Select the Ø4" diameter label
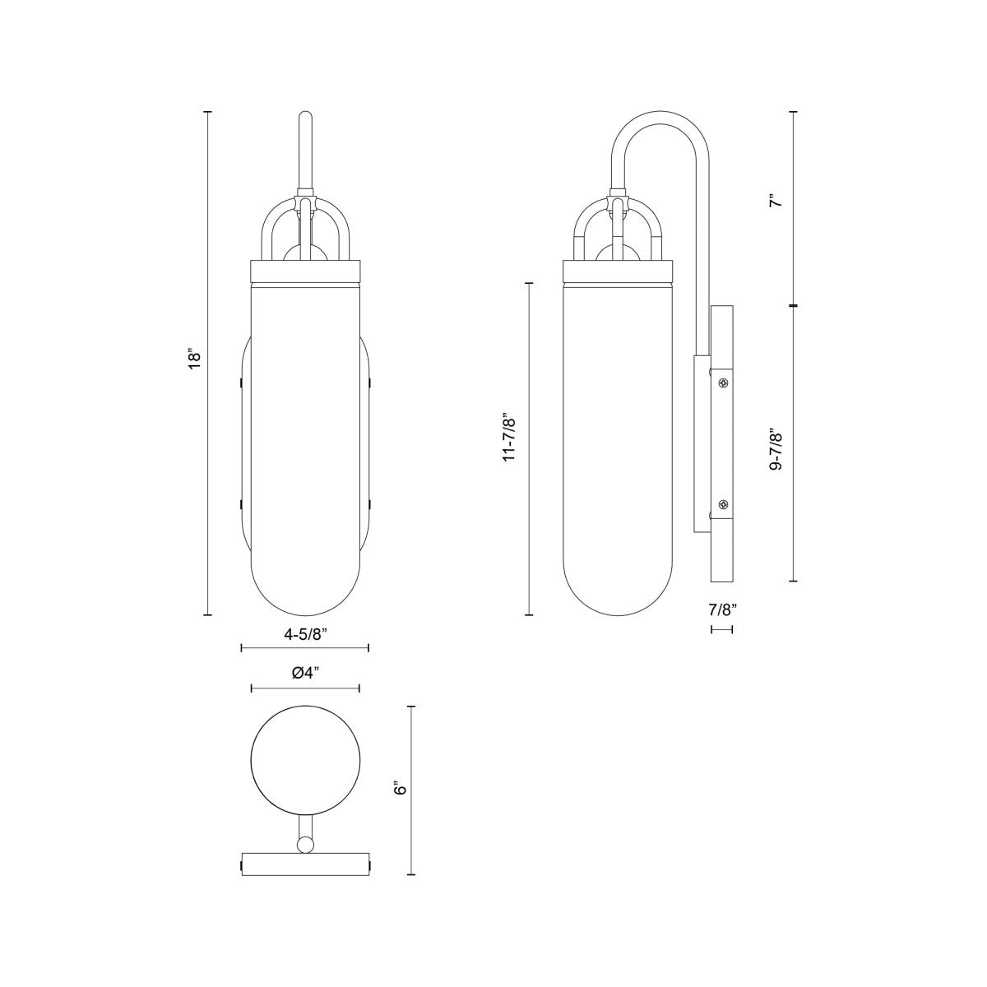[x=305, y=674]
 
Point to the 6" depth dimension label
[x=401, y=789]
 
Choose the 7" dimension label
[x=775, y=201]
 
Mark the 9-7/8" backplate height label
[x=775, y=448]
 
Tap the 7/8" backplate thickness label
[x=722, y=610]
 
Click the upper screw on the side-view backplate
[x=723, y=383]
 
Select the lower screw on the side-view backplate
[x=723, y=504]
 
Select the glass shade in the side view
[x=617, y=444]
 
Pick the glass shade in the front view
[x=305, y=444]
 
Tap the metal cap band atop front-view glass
[x=305, y=270]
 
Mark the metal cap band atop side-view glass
[x=617, y=270]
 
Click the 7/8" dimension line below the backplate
[x=721, y=629]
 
